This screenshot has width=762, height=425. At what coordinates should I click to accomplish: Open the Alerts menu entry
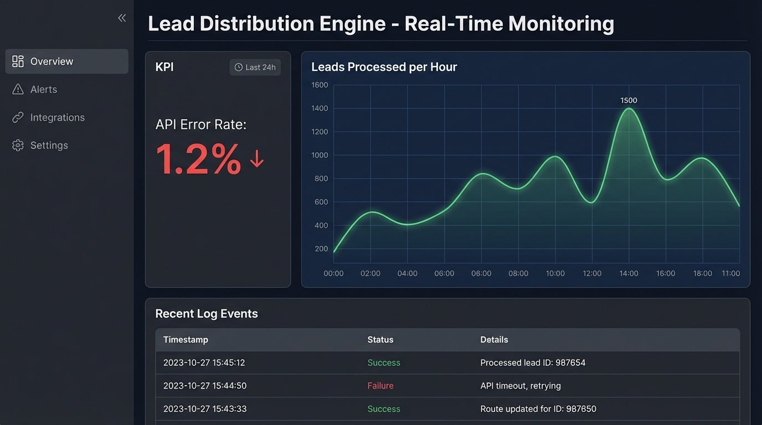43,90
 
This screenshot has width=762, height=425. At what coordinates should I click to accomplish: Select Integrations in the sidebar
57,117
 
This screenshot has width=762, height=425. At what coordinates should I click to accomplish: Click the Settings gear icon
18,146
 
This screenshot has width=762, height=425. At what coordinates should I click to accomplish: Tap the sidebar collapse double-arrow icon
122,18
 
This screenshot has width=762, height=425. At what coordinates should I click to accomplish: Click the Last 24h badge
255,68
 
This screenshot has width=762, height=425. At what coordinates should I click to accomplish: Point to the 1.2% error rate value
198,159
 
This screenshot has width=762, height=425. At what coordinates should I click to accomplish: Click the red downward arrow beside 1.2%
256,159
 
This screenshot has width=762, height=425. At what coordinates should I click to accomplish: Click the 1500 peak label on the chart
629,101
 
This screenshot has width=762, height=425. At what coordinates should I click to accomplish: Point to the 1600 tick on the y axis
320,85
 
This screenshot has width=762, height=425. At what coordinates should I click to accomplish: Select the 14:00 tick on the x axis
629,273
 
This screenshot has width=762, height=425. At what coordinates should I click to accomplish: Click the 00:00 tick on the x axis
333,273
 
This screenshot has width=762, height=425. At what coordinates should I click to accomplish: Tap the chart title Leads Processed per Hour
384,68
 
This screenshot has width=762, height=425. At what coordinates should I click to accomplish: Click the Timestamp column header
186,340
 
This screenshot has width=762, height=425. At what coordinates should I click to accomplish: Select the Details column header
494,340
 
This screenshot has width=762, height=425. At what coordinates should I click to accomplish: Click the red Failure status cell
380,386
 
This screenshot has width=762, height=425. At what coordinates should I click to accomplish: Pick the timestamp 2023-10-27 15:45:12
204,363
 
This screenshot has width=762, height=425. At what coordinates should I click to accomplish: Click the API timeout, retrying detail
521,386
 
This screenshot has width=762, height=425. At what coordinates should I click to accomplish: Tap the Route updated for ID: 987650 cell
538,409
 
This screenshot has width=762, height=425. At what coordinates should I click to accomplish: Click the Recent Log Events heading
207,314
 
